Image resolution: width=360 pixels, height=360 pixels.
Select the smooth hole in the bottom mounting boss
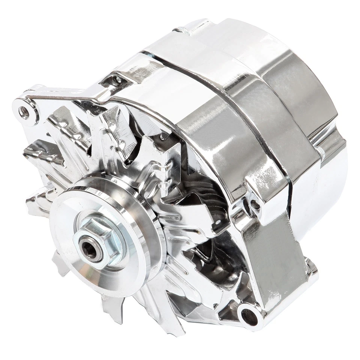point(250,317)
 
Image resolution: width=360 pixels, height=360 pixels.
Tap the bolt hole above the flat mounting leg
point(255,205)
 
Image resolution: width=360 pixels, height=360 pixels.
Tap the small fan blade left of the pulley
point(37,202)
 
